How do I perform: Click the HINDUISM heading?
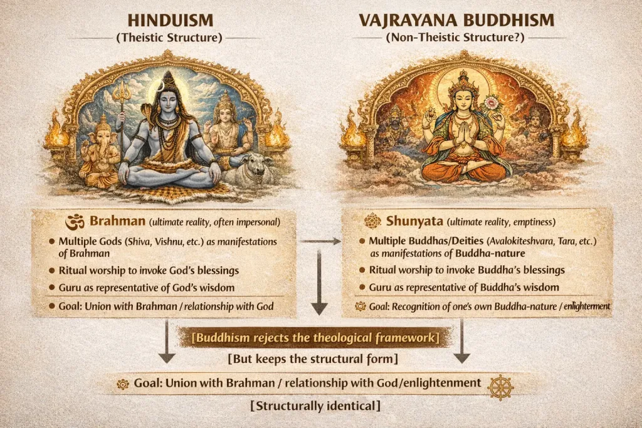[x=171, y=21]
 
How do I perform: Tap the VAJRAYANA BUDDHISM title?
[x=456, y=21]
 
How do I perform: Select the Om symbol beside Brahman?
[x=75, y=222]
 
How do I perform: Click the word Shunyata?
[x=414, y=221]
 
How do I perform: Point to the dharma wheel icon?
[x=500, y=387]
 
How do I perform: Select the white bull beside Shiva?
[x=247, y=168]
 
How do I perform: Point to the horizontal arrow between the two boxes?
[x=321, y=241]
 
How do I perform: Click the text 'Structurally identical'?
[x=315, y=406]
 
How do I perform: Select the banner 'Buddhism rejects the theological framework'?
[x=315, y=338]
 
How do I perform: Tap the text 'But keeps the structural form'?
[x=313, y=359]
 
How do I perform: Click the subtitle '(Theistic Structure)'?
[x=169, y=38]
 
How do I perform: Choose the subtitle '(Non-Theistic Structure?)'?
[x=455, y=38]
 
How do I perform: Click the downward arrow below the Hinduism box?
[x=167, y=342]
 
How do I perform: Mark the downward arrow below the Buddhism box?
[x=461, y=342]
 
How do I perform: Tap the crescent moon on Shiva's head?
[x=162, y=85]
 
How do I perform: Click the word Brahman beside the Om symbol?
[x=117, y=221]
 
